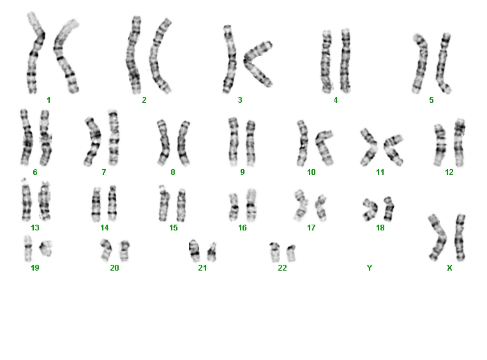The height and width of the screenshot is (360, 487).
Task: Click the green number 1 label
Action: pos(49,100)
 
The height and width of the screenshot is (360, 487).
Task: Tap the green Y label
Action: pos(370,267)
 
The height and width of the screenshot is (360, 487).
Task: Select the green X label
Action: pos(449,267)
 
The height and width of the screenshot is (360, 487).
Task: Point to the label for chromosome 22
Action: pos(282,267)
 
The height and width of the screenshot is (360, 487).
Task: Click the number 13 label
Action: pos(35,228)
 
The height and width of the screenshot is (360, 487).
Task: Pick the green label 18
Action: pos(380,228)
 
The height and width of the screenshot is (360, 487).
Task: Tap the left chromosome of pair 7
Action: pos(93,141)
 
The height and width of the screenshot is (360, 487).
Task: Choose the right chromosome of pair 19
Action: pos(46,248)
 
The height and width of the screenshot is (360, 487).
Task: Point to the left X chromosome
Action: pos(438,237)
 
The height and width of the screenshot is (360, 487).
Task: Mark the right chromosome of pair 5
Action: pos(443,63)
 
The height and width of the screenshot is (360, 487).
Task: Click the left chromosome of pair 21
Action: pos(195,250)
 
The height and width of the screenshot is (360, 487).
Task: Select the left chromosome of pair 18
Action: pos(370,209)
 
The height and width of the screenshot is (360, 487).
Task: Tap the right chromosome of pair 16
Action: pos(251,204)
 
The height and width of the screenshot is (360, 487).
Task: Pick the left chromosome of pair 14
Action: pos(96,204)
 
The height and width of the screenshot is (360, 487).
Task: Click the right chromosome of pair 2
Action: pos(159,56)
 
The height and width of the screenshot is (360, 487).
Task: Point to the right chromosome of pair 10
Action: pos(324,147)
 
